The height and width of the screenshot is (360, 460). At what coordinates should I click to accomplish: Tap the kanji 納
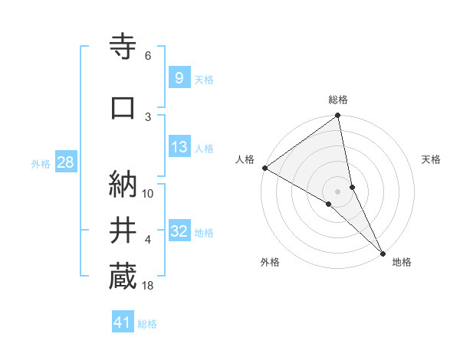pos(123,184)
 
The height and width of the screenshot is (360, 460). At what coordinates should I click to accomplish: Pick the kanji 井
pos(123,231)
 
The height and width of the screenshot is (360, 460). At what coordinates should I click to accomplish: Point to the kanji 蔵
pos(123,277)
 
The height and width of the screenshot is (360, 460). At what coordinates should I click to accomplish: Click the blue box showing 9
pos(179,78)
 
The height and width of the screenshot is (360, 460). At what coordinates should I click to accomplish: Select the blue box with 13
pos(179,148)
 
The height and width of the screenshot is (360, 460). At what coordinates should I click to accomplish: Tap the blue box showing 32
pos(179,232)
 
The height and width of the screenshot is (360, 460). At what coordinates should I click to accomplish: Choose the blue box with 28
pos(65,162)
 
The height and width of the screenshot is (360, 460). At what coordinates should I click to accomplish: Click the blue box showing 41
pos(123,322)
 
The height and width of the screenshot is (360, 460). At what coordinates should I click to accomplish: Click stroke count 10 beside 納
pos(148,193)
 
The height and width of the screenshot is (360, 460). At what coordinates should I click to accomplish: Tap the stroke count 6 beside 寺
pos(147,55)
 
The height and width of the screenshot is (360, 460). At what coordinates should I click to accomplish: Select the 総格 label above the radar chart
pos(338,100)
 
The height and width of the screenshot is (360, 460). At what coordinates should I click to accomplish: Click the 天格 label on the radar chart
pos(432,159)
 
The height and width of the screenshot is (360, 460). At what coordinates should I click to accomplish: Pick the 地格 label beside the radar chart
pos(402,262)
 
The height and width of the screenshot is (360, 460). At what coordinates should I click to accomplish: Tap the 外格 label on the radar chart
pos(270,262)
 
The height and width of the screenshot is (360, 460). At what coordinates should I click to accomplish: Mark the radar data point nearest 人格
pos(264,168)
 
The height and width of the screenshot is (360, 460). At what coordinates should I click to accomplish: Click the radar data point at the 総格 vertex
pos(338,116)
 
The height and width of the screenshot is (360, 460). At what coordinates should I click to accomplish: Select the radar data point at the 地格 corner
pos(383,252)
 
